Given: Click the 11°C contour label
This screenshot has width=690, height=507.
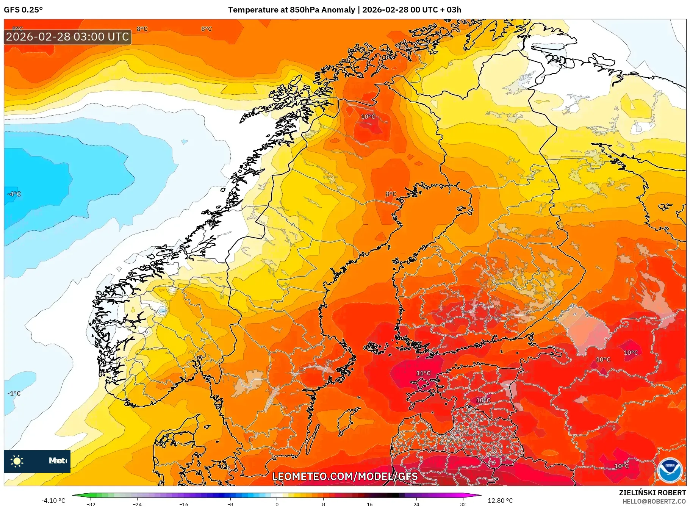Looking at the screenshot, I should click(423, 373).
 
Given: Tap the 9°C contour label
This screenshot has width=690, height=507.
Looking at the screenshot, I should click(17, 29).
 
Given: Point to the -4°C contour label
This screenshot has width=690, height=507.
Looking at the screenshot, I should click(14, 194).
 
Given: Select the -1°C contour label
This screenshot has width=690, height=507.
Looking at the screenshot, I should click(14, 393).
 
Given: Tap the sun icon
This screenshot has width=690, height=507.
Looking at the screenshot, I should click(17, 461).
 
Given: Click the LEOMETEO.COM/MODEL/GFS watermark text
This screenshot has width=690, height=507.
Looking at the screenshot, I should click(345, 476).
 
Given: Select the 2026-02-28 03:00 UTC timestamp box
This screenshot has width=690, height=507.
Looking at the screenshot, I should click(68, 37).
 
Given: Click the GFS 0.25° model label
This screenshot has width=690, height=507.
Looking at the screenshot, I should click(23, 10).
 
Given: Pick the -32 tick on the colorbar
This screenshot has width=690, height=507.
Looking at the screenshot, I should click(91, 504).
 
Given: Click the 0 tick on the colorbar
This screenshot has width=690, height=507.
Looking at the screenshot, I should click(277, 504).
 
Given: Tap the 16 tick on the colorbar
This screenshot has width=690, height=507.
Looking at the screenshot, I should click(369, 504).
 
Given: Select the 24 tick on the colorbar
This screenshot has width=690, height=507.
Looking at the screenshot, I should click(416, 504).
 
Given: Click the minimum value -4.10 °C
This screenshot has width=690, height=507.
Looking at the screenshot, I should click(53, 501).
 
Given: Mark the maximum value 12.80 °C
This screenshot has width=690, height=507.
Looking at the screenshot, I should click(500, 501).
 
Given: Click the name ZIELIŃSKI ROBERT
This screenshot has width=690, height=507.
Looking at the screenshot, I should click(652, 493).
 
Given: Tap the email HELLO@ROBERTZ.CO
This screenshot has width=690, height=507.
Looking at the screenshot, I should click(654, 501).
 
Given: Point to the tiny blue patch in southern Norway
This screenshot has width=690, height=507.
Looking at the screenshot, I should click(163, 311).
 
